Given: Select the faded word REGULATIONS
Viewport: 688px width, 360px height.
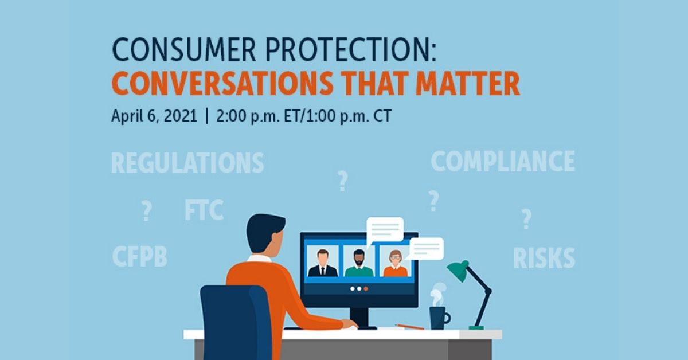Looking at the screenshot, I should pyautogui.click(x=187, y=163).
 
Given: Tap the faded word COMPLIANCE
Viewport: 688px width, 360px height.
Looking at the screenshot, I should pyautogui.click(x=502, y=162).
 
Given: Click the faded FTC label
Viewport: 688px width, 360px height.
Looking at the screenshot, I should pyautogui.click(x=204, y=210).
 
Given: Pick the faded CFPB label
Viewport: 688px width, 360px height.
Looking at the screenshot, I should pyautogui.click(x=139, y=256).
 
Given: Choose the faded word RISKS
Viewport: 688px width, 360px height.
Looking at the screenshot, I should pyautogui.click(x=544, y=258).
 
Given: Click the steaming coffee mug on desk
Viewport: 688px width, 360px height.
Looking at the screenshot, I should pyautogui.click(x=439, y=317).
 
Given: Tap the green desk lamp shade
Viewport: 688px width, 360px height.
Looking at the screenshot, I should pyautogui.click(x=458, y=271).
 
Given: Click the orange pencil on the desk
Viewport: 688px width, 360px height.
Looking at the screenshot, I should pyautogui.click(x=409, y=327).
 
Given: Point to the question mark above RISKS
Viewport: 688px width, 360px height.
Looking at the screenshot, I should pyautogui.click(x=526, y=219).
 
